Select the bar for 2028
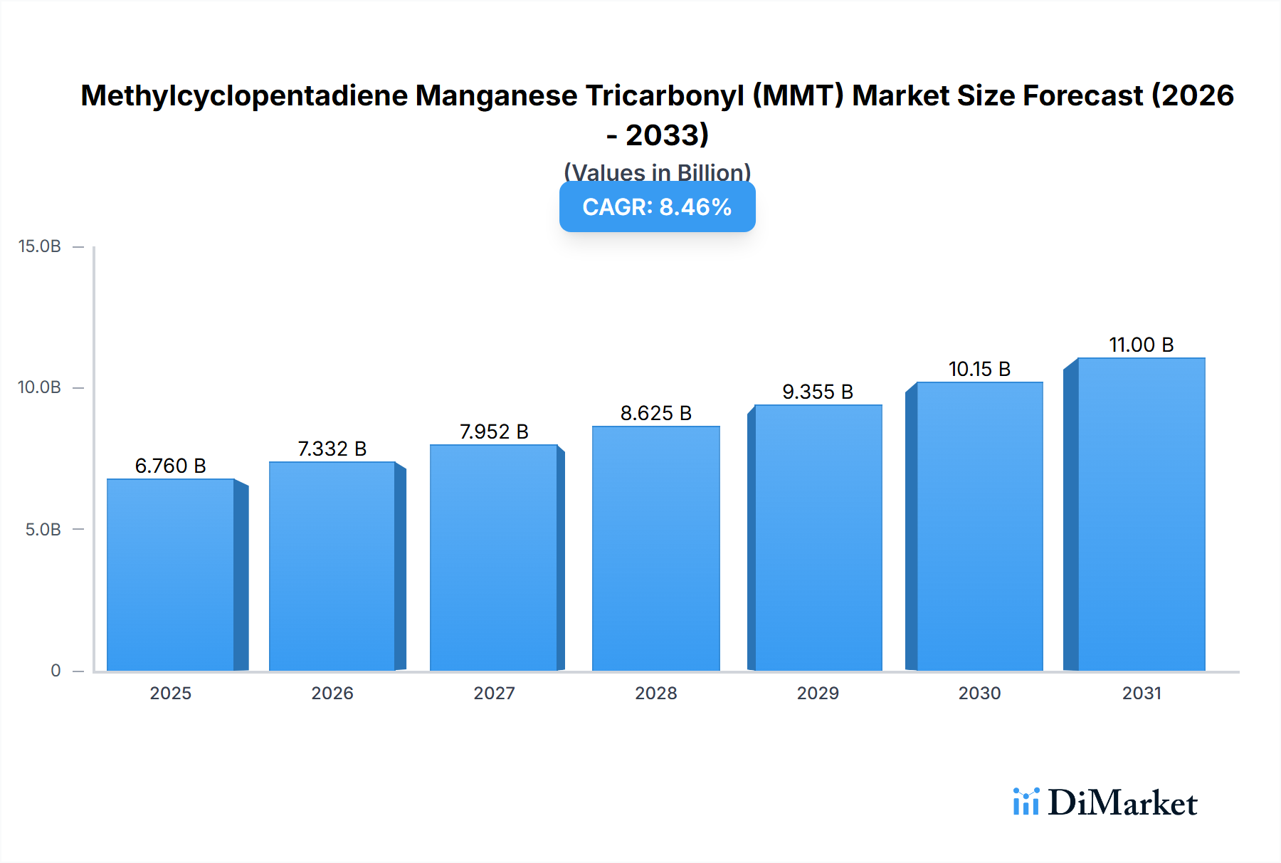[x=655, y=548]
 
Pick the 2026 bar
[x=332, y=566]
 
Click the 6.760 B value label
[x=171, y=466]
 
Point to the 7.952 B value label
[x=494, y=431]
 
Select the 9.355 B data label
[x=818, y=392]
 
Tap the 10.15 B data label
[x=979, y=369]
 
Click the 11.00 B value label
[x=1141, y=345]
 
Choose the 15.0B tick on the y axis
[x=40, y=246]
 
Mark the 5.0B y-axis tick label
[x=43, y=529]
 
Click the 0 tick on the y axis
[x=56, y=670]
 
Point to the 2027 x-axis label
[x=494, y=693]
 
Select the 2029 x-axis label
[x=818, y=693]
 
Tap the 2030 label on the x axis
[x=979, y=693]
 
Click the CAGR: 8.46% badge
[x=657, y=206]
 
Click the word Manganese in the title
[x=496, y=95]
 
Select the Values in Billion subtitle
[x=657, y=172]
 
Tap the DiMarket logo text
[x=1122, y=802]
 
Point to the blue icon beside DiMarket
[x=1026, y=802]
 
